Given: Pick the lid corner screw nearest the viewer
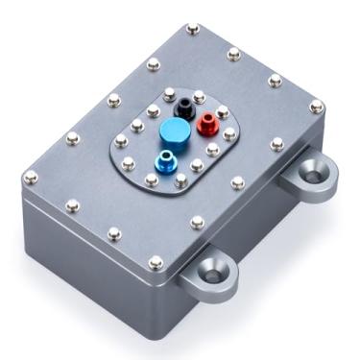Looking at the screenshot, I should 156,258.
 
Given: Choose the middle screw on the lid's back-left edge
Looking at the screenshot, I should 113,97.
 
